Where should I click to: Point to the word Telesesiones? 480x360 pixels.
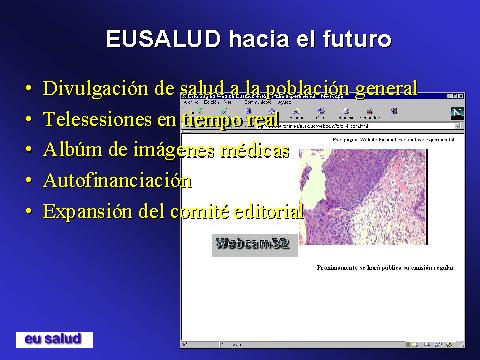click(x=97, y=120)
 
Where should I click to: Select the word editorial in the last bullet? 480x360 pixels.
click(x=272, y=212)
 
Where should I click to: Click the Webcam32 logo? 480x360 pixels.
click(x=254, y=243)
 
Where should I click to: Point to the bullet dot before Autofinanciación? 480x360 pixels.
click(x=28, y=183)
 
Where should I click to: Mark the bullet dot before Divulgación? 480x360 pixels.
click(x=28, y=90)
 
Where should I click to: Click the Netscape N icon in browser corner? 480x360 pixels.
click(x=457, y=112)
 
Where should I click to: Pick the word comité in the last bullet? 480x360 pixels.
click(x=203, y=212)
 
